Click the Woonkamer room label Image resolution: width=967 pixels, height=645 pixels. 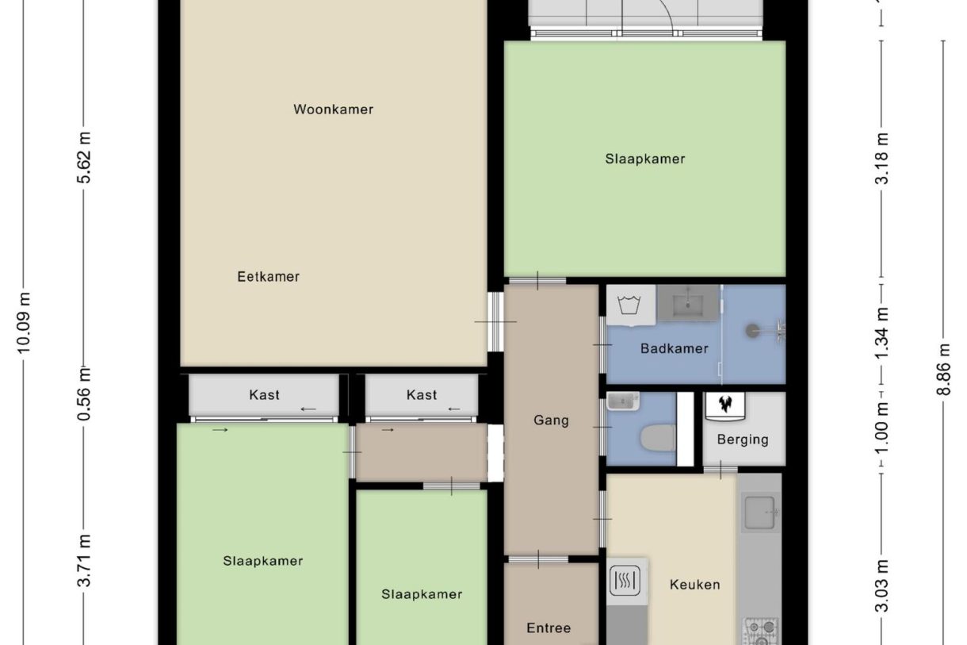[x=333, y=109]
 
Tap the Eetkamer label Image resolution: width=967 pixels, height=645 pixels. [x=268, y=277]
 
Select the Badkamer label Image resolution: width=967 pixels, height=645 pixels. [x=674, y=348]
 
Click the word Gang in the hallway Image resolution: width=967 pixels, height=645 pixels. [x=551, y=420]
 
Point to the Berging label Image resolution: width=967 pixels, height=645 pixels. [x=743, y=440]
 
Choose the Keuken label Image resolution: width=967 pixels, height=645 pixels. [x=695, y=585]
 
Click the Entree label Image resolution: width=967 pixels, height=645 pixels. [x=548, y=628]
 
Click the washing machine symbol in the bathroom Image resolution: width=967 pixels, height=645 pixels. [x=632, y=305]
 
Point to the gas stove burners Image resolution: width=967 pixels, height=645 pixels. [x=760, y=632]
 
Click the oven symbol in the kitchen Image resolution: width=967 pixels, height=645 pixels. [x=626, y=582]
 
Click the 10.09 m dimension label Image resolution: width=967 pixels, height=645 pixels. [x=25, y=321]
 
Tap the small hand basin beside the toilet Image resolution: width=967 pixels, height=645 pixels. [x=622, y=402]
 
